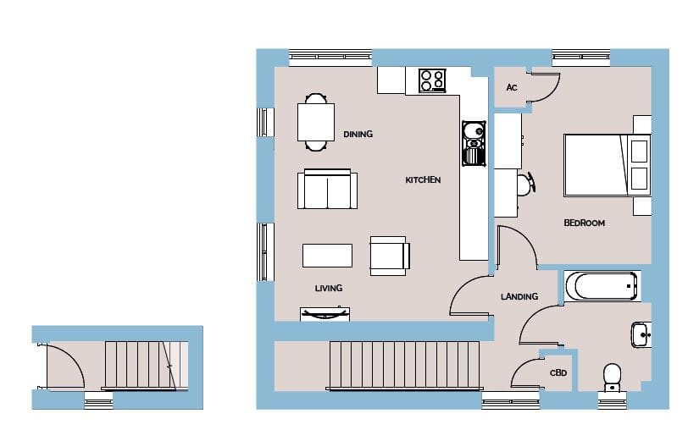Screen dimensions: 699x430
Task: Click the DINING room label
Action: (x=358, y=134)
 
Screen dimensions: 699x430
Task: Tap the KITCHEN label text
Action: (x=423, y=179)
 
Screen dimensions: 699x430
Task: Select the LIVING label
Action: (x=329, y=288)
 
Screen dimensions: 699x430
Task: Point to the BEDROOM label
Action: (x=584, y=223)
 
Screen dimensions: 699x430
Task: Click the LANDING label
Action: (x=519, y=296)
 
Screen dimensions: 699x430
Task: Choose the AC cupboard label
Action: (x=511, y=87)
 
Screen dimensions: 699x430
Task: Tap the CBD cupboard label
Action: (x=558, y=372)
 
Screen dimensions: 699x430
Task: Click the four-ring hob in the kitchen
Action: (x=432, y=80)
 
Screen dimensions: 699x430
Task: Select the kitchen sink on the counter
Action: (x=474, y=143)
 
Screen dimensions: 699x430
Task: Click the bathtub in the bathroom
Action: (x=601, y=286)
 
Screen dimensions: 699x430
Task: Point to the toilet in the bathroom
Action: (x=612, y=378)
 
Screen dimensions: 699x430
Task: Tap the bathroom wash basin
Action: (x=641, y=334)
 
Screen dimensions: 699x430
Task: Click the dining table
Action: (x=316, y=123)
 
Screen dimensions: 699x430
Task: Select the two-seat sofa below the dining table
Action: (x=327, y=189)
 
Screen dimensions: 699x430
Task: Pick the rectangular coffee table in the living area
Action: (x=327, y=256)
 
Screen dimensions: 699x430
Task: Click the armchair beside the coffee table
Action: (x=390, y=256)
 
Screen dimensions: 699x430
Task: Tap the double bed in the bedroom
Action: (x=607, y=165)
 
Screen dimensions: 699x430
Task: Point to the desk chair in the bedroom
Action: (x=526, y=184)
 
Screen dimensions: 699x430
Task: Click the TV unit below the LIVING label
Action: (x=325, y=314)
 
